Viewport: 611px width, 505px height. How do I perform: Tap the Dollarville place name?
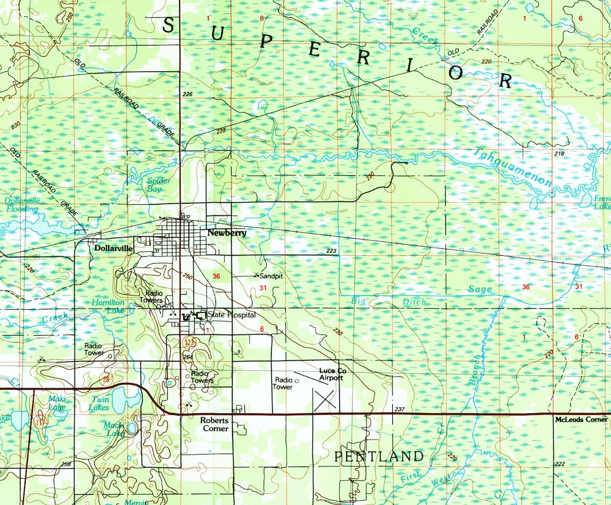(x=113, y=249)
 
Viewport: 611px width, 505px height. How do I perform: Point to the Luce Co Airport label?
(x=331, y=374)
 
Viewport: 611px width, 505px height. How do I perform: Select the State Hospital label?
(x=232, y=315)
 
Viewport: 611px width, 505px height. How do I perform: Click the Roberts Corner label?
(x=214, y=425)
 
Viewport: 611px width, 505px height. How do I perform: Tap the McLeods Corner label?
(x=582, y=420)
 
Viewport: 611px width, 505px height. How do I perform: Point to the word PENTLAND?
(x=379, y=457)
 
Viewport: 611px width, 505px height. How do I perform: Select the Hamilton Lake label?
(x=108, y=307)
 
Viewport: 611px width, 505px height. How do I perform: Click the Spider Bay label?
(x=159, y=185)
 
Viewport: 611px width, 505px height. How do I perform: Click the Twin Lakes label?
(x=99, y=404)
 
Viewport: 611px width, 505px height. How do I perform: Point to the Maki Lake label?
(x=57, y=403)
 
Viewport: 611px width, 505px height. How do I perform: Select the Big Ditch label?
(x=389, y=302)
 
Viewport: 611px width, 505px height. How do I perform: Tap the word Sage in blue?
(x=479, y=289)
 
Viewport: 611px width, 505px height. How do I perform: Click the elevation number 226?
(x=188, y=94)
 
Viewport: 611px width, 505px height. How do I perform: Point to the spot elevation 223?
(x=331, y=251)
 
